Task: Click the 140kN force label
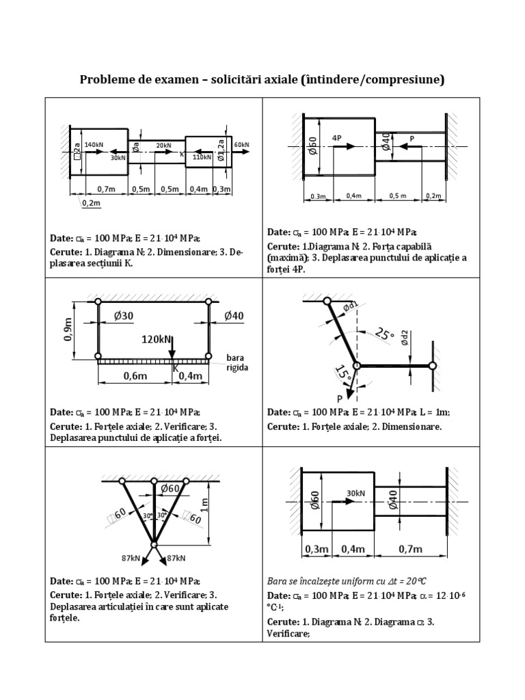point(94,145)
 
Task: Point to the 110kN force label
point(202,157)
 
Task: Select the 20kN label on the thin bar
point(163,145)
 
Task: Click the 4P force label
point(336,137)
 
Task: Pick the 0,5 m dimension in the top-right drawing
point(398,196)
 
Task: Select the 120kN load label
point(157,338)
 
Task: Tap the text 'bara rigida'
point(237,362)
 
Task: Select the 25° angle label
point(385,334)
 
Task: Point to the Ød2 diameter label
point(405,340)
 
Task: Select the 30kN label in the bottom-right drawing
point(355,493)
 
